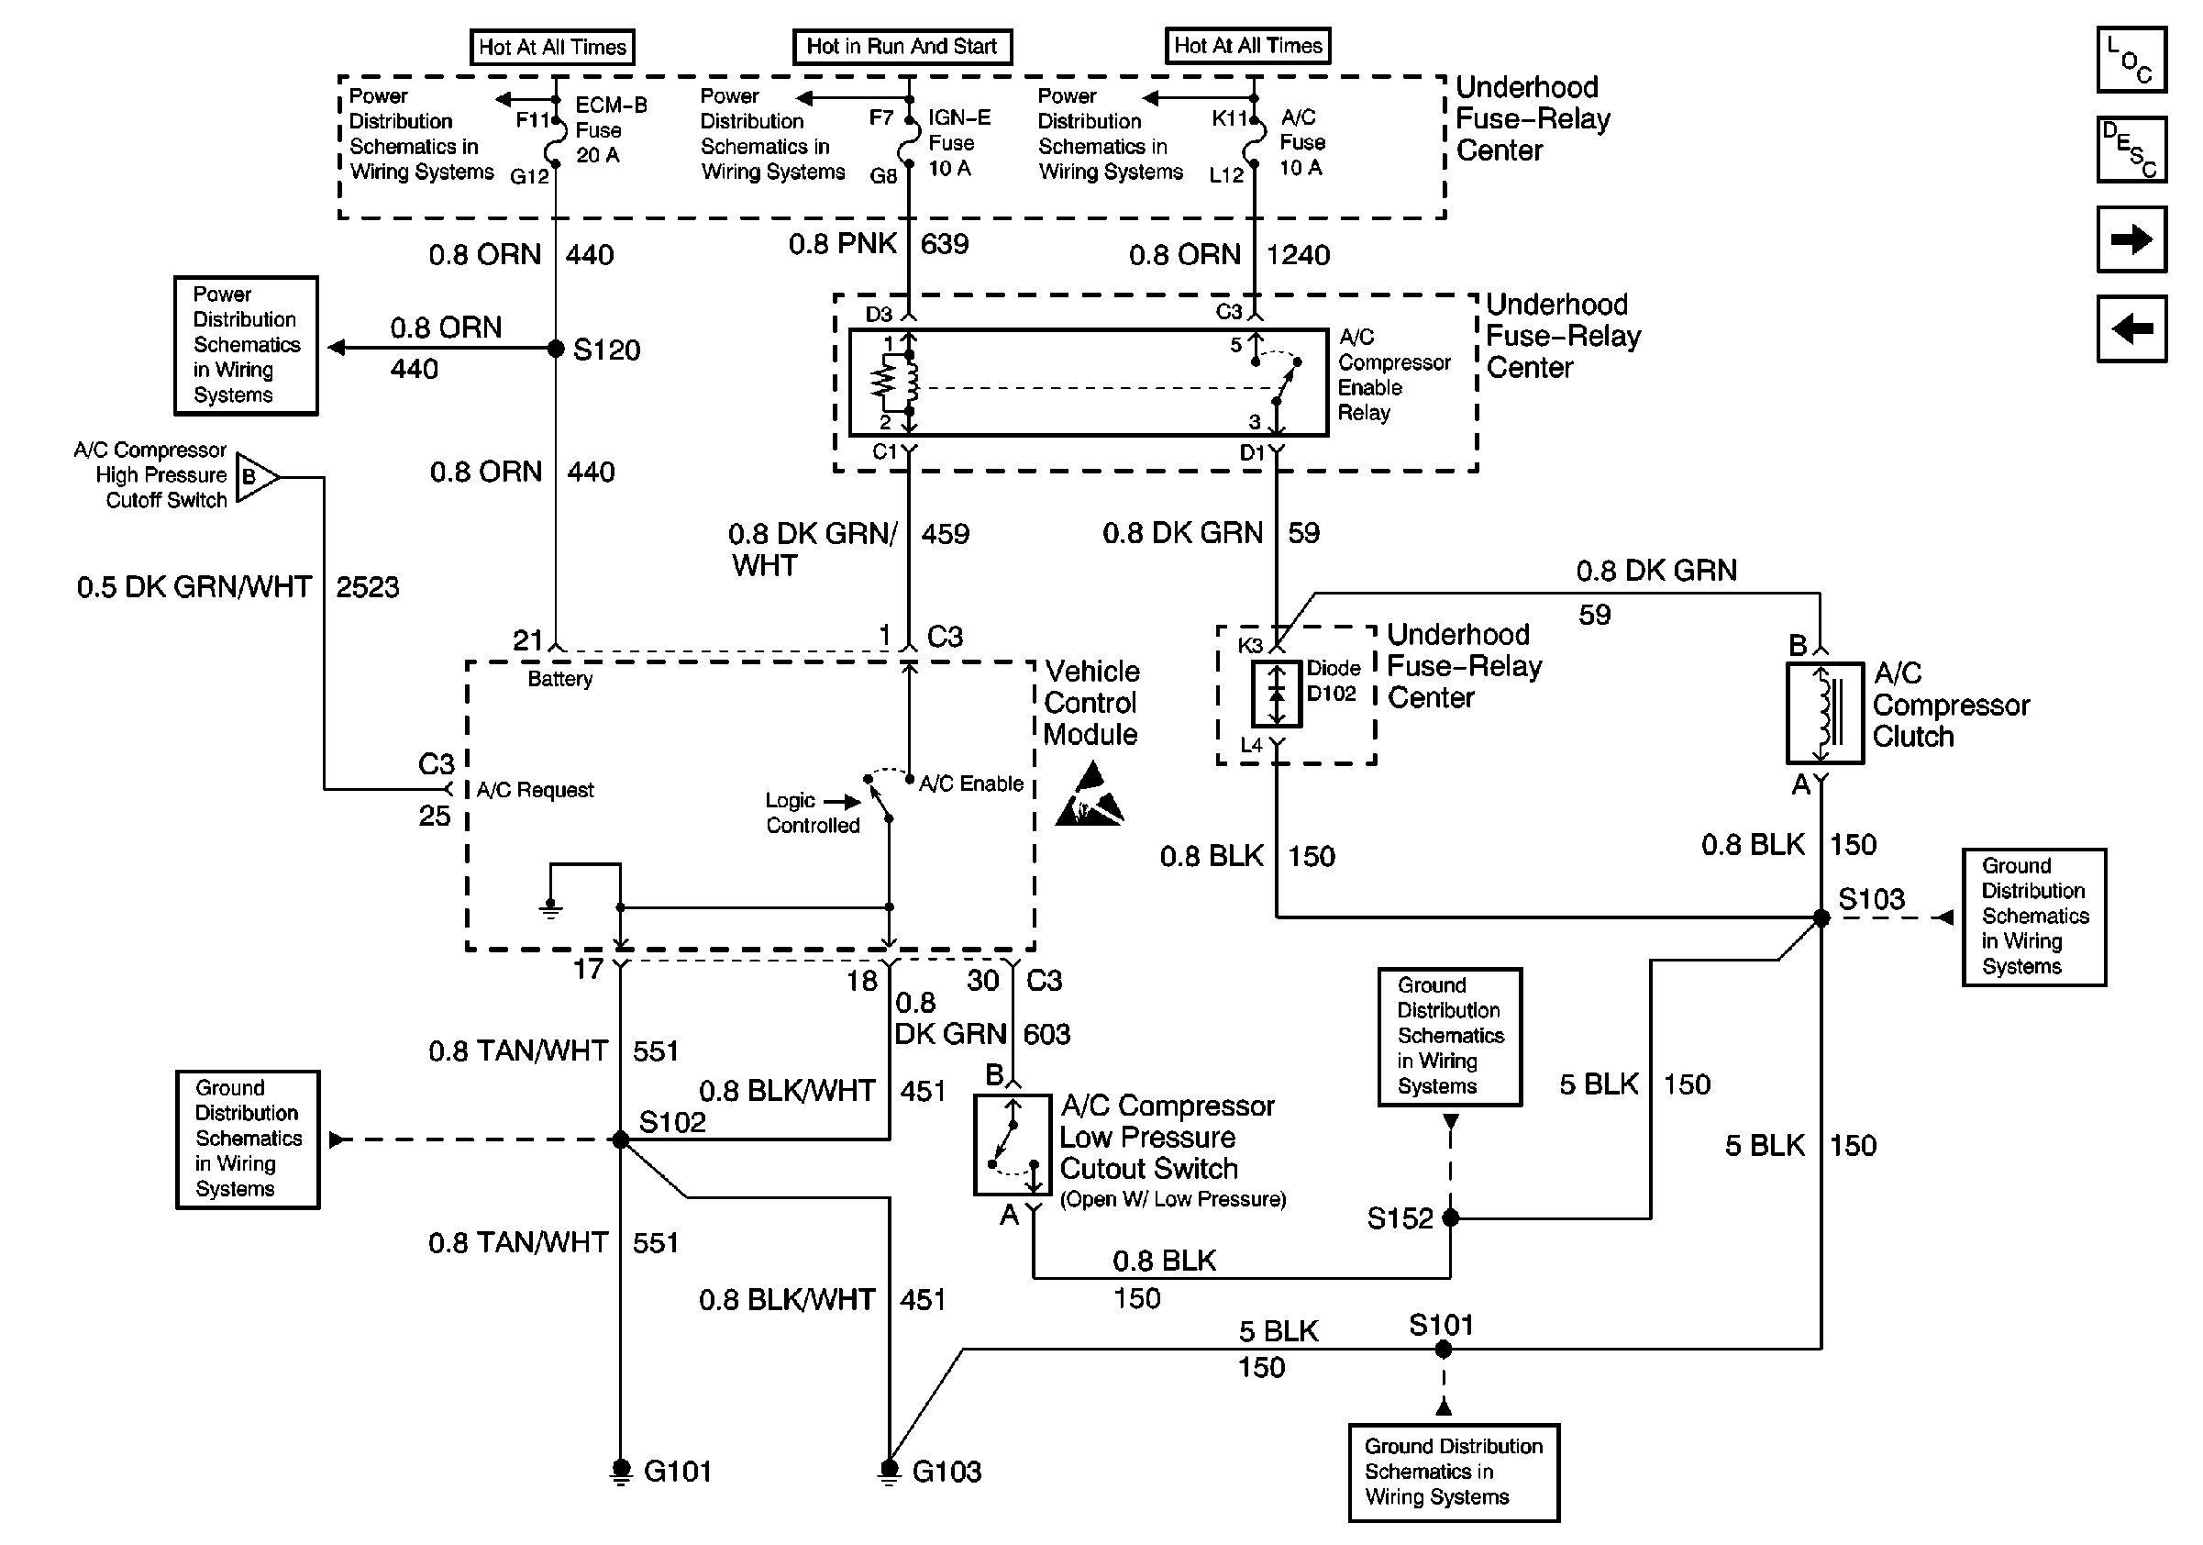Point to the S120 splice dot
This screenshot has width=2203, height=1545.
click(556, 349)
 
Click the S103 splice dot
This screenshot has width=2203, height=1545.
click(1821, 918)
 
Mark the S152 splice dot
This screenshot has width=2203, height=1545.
click(1451, 1217)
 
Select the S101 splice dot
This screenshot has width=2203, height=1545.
click(1443, 1350)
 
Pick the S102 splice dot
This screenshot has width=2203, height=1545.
click(621, 1140)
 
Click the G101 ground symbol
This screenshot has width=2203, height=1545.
click(621, 1470)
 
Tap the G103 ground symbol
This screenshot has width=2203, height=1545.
click(890, 1470)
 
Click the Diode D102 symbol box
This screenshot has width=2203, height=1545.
click(1276, 693)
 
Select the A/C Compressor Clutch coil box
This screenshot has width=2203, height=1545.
click(1824, 713)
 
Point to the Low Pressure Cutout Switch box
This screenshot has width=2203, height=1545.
click(1013, 1145)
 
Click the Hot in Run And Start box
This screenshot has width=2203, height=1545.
click(902, 46)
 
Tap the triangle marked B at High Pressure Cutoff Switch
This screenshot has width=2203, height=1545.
click(254, 477)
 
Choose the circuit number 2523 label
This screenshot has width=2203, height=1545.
click(367, 587)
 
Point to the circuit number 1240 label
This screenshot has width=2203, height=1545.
click(1297, 255)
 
